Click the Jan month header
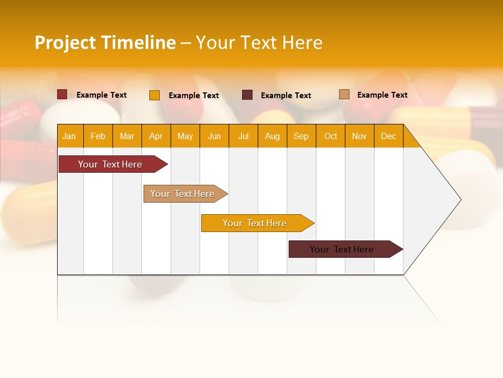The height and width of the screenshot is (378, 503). coord(69,136)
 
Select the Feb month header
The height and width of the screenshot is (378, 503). coord(98,136)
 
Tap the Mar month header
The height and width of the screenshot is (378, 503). coord(127,136)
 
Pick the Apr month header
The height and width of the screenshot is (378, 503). coord(156,136)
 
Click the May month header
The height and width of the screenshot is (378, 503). coord(185,136)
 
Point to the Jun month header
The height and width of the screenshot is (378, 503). coord(214,136)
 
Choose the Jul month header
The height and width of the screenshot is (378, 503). coord(243,136)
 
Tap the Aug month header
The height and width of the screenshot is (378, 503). coord(272,136)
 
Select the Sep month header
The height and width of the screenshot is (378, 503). coord(301,136)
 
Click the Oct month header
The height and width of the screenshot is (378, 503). coord(331,136)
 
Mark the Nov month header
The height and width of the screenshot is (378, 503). coord(359,136)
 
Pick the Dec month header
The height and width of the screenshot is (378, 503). coord(388,136)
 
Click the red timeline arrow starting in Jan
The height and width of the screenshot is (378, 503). coord(110,164)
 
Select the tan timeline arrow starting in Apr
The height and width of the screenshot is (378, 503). coord(182,194)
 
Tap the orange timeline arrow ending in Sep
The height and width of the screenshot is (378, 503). coord(255,223)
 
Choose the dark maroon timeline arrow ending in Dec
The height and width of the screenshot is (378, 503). coord(342,249)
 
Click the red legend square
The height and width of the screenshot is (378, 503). coord(62,94)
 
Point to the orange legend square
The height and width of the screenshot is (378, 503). coord(155,95)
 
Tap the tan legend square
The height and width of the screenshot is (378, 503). coord(344,94)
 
